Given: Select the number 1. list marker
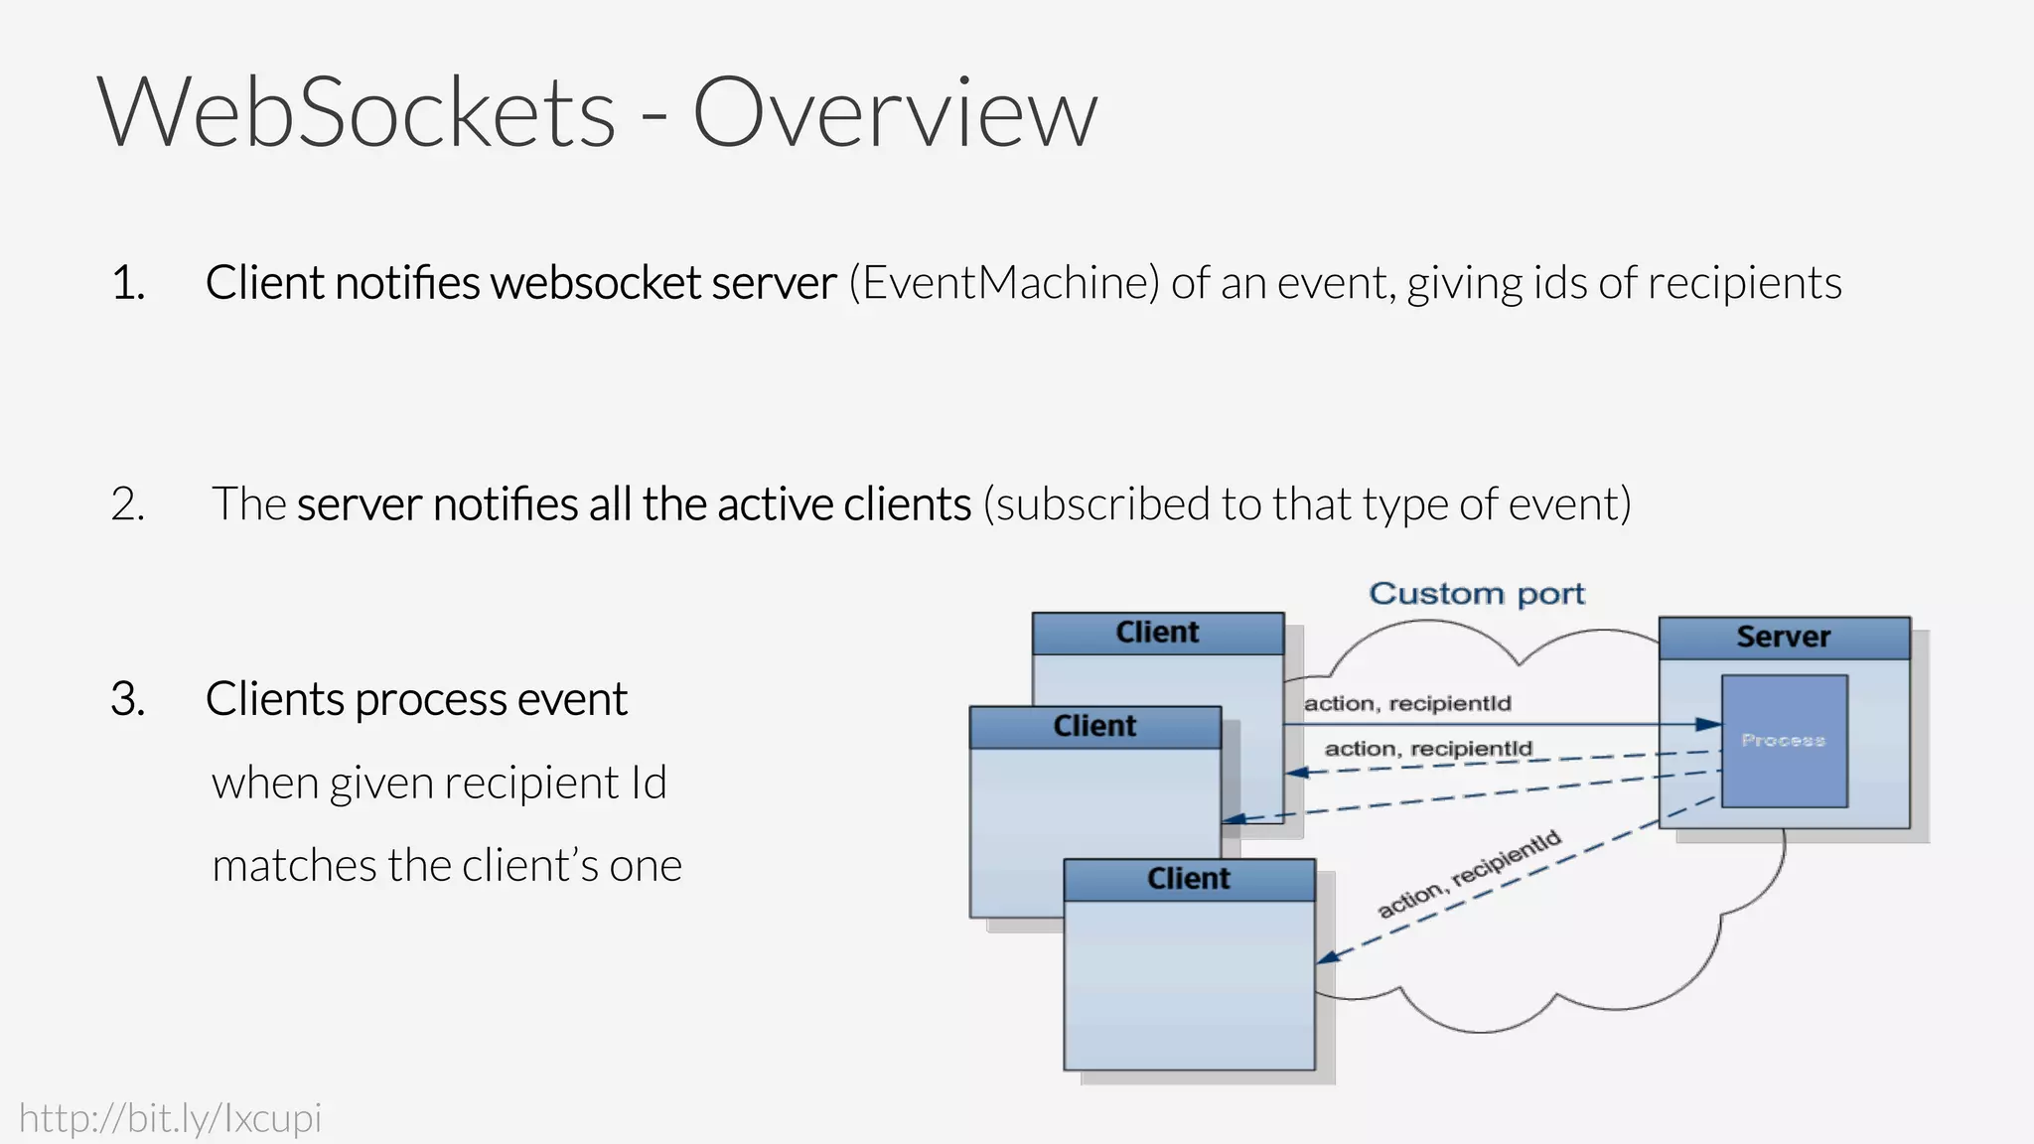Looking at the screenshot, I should (x=128, y=283).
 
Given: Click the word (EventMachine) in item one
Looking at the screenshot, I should (x=1003, y=283).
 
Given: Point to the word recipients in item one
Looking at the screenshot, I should (x=1745, y=283).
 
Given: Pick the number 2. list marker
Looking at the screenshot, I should (x=128, y=504).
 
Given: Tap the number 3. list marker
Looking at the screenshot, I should (x=128, y=699).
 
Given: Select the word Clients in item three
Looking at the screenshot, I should (x=274, y=699).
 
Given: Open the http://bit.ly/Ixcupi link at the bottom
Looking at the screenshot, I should (x=171, y=1118).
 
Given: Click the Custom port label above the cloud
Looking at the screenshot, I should (x=1477, y=594).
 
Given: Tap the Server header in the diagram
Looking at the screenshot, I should (x=1784, y=638).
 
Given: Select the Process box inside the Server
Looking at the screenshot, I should (x=1784, y=741).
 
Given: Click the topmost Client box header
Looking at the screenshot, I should (x=1157, y=633).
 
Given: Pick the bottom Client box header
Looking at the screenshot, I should (x=1189, y=879).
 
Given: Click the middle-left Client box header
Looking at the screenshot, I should (x=1094, y=726).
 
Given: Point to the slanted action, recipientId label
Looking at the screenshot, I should (x=1469, y=874).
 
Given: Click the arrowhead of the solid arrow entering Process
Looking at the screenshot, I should (x=1710, y=725).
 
